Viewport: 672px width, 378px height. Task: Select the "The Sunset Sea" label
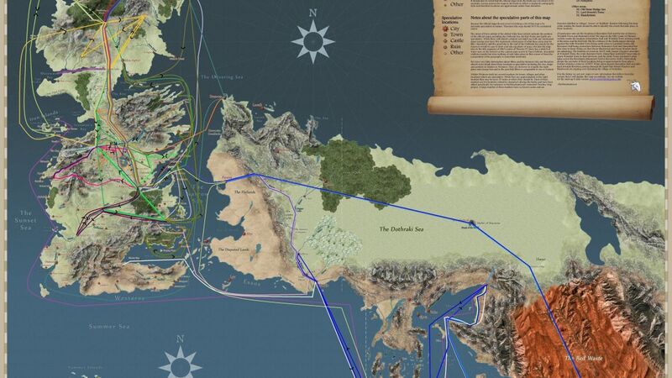click(x=25, y=219)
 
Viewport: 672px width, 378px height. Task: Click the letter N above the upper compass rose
click(x=312, y=13)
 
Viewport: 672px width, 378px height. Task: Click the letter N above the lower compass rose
click(x=181, y=339)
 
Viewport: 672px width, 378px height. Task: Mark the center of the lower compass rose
click(x=181, y=364)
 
